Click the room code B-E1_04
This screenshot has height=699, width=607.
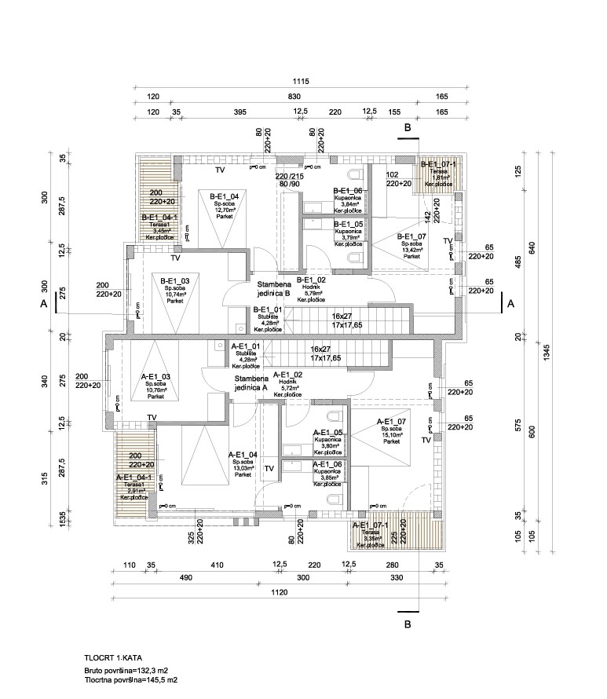coord(225,195)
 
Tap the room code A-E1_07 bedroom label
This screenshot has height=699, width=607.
coord(391,421)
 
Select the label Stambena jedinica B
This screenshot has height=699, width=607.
coord(272,289)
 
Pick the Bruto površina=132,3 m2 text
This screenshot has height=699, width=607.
coord(126,670)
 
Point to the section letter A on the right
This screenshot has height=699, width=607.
coord(510,303)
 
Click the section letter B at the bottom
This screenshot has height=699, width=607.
coord(408,625)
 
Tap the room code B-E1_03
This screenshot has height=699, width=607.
coord(175,280)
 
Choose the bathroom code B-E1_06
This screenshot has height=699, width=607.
coord(347,191)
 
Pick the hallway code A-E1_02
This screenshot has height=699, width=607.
coord(287,375)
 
